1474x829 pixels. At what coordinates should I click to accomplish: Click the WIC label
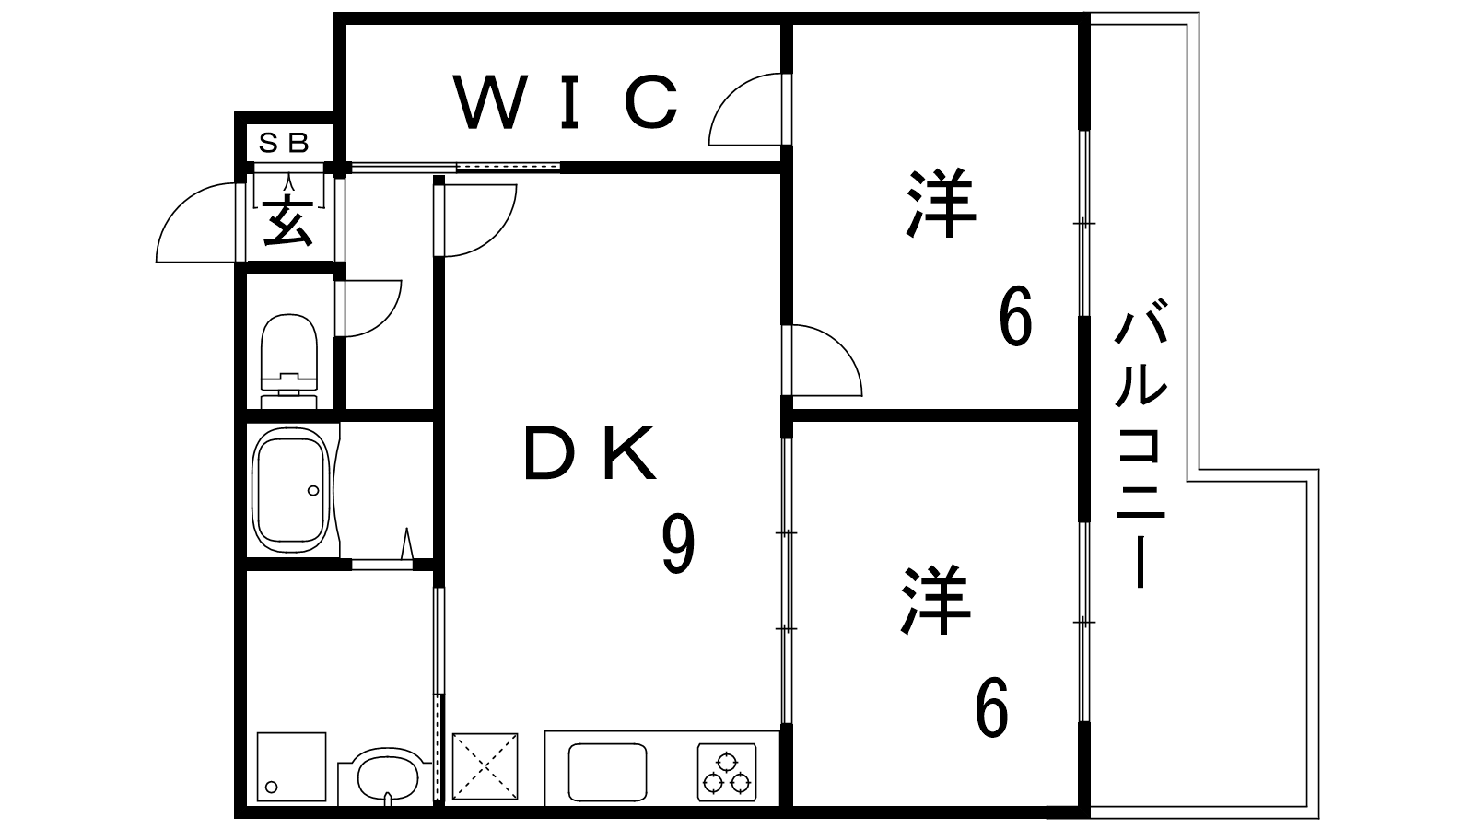pos(566,101)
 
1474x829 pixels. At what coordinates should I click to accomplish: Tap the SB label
pos(284,143)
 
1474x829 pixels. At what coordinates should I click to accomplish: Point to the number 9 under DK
pos(678,544)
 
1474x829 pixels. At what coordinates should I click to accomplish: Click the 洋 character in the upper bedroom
pos(941,203)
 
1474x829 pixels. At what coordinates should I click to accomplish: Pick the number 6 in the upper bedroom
pos(1015,317)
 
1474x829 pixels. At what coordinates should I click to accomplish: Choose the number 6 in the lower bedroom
pos(991,707)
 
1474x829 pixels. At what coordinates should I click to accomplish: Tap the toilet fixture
pos(289,361)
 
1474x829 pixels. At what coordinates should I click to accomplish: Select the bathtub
pos(291,490)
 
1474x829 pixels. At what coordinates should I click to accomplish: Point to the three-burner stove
pos(727,773)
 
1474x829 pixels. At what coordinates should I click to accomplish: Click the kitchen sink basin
pos(607,773)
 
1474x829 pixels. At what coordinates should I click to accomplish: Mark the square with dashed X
pos(485,766)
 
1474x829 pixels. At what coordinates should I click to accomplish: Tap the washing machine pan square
pos(291,766)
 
